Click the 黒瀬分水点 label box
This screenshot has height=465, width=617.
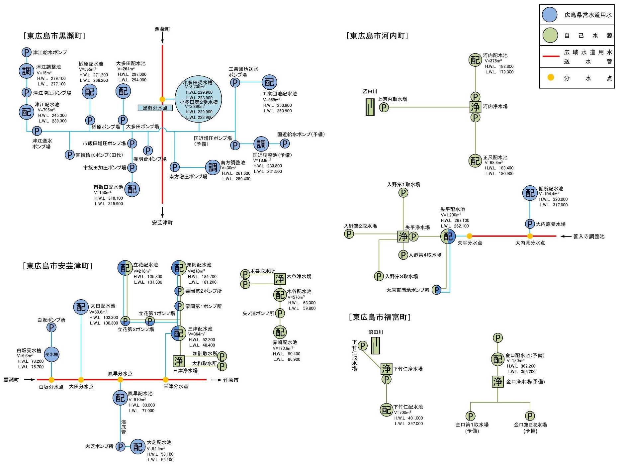pyautogui.click(x=155, y=108)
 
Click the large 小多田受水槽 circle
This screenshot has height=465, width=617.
pyautogui.click(x=198, y=99)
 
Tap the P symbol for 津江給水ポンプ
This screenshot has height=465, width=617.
pyautogui.click(x=27, y=52)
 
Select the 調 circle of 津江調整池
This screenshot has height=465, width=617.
pyautogui.click(x=27, y=71)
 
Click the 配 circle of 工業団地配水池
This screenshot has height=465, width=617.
pyautogui.click(x=269, y=82)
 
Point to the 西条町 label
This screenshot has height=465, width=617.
pyautogui.click(x=162, y=29)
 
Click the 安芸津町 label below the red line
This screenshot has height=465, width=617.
pyautogui.click(x=162, y=223)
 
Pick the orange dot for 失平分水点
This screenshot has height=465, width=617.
pyautogui.click(x=469, y=236)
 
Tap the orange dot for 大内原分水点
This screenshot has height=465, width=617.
pyautogui.click(x=530, y=236)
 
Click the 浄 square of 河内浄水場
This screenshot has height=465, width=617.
pyautogui.click(x=475, y=107)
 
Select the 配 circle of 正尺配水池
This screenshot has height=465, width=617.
pyautogui.click(x=475, y=161)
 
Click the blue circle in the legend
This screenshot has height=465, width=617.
pyautogui.click(x=550, y=15)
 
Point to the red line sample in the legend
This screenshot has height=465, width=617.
pyautogui.click(x=551, y=56)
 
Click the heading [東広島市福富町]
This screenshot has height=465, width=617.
pyautogui.click(x=380, y=317)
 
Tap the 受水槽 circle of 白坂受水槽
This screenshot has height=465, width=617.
pyautogui.click(x=51, y=354)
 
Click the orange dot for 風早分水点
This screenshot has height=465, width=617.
pyautogui.click(x=120, y=380)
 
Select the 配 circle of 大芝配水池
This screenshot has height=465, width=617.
pyautogui.click(x=137, y=447)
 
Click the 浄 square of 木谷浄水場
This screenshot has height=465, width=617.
pyautogui.click(x=280, y=279)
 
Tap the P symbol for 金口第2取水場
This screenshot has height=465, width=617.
pyautogui.click(x=530, y=416)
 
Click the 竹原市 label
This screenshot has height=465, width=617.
pyautogui.click(x=230, y=380)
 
